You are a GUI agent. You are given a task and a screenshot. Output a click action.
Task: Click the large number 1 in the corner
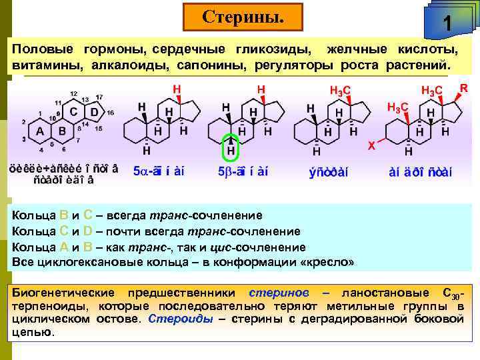448,25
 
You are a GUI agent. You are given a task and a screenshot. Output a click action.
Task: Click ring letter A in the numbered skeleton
39,131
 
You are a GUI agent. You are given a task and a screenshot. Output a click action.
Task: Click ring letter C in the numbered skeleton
75,111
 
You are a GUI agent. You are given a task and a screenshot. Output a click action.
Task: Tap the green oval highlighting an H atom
231,147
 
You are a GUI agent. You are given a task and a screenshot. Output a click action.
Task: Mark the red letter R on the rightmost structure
464,87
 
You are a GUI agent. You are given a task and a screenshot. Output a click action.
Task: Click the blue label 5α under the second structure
142,171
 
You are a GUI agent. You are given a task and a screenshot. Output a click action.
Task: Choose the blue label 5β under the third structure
225,171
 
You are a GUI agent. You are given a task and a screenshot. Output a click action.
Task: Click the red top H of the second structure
177,89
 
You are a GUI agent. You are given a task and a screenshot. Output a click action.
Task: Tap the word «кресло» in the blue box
329,261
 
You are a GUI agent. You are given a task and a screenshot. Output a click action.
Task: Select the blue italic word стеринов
278,293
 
